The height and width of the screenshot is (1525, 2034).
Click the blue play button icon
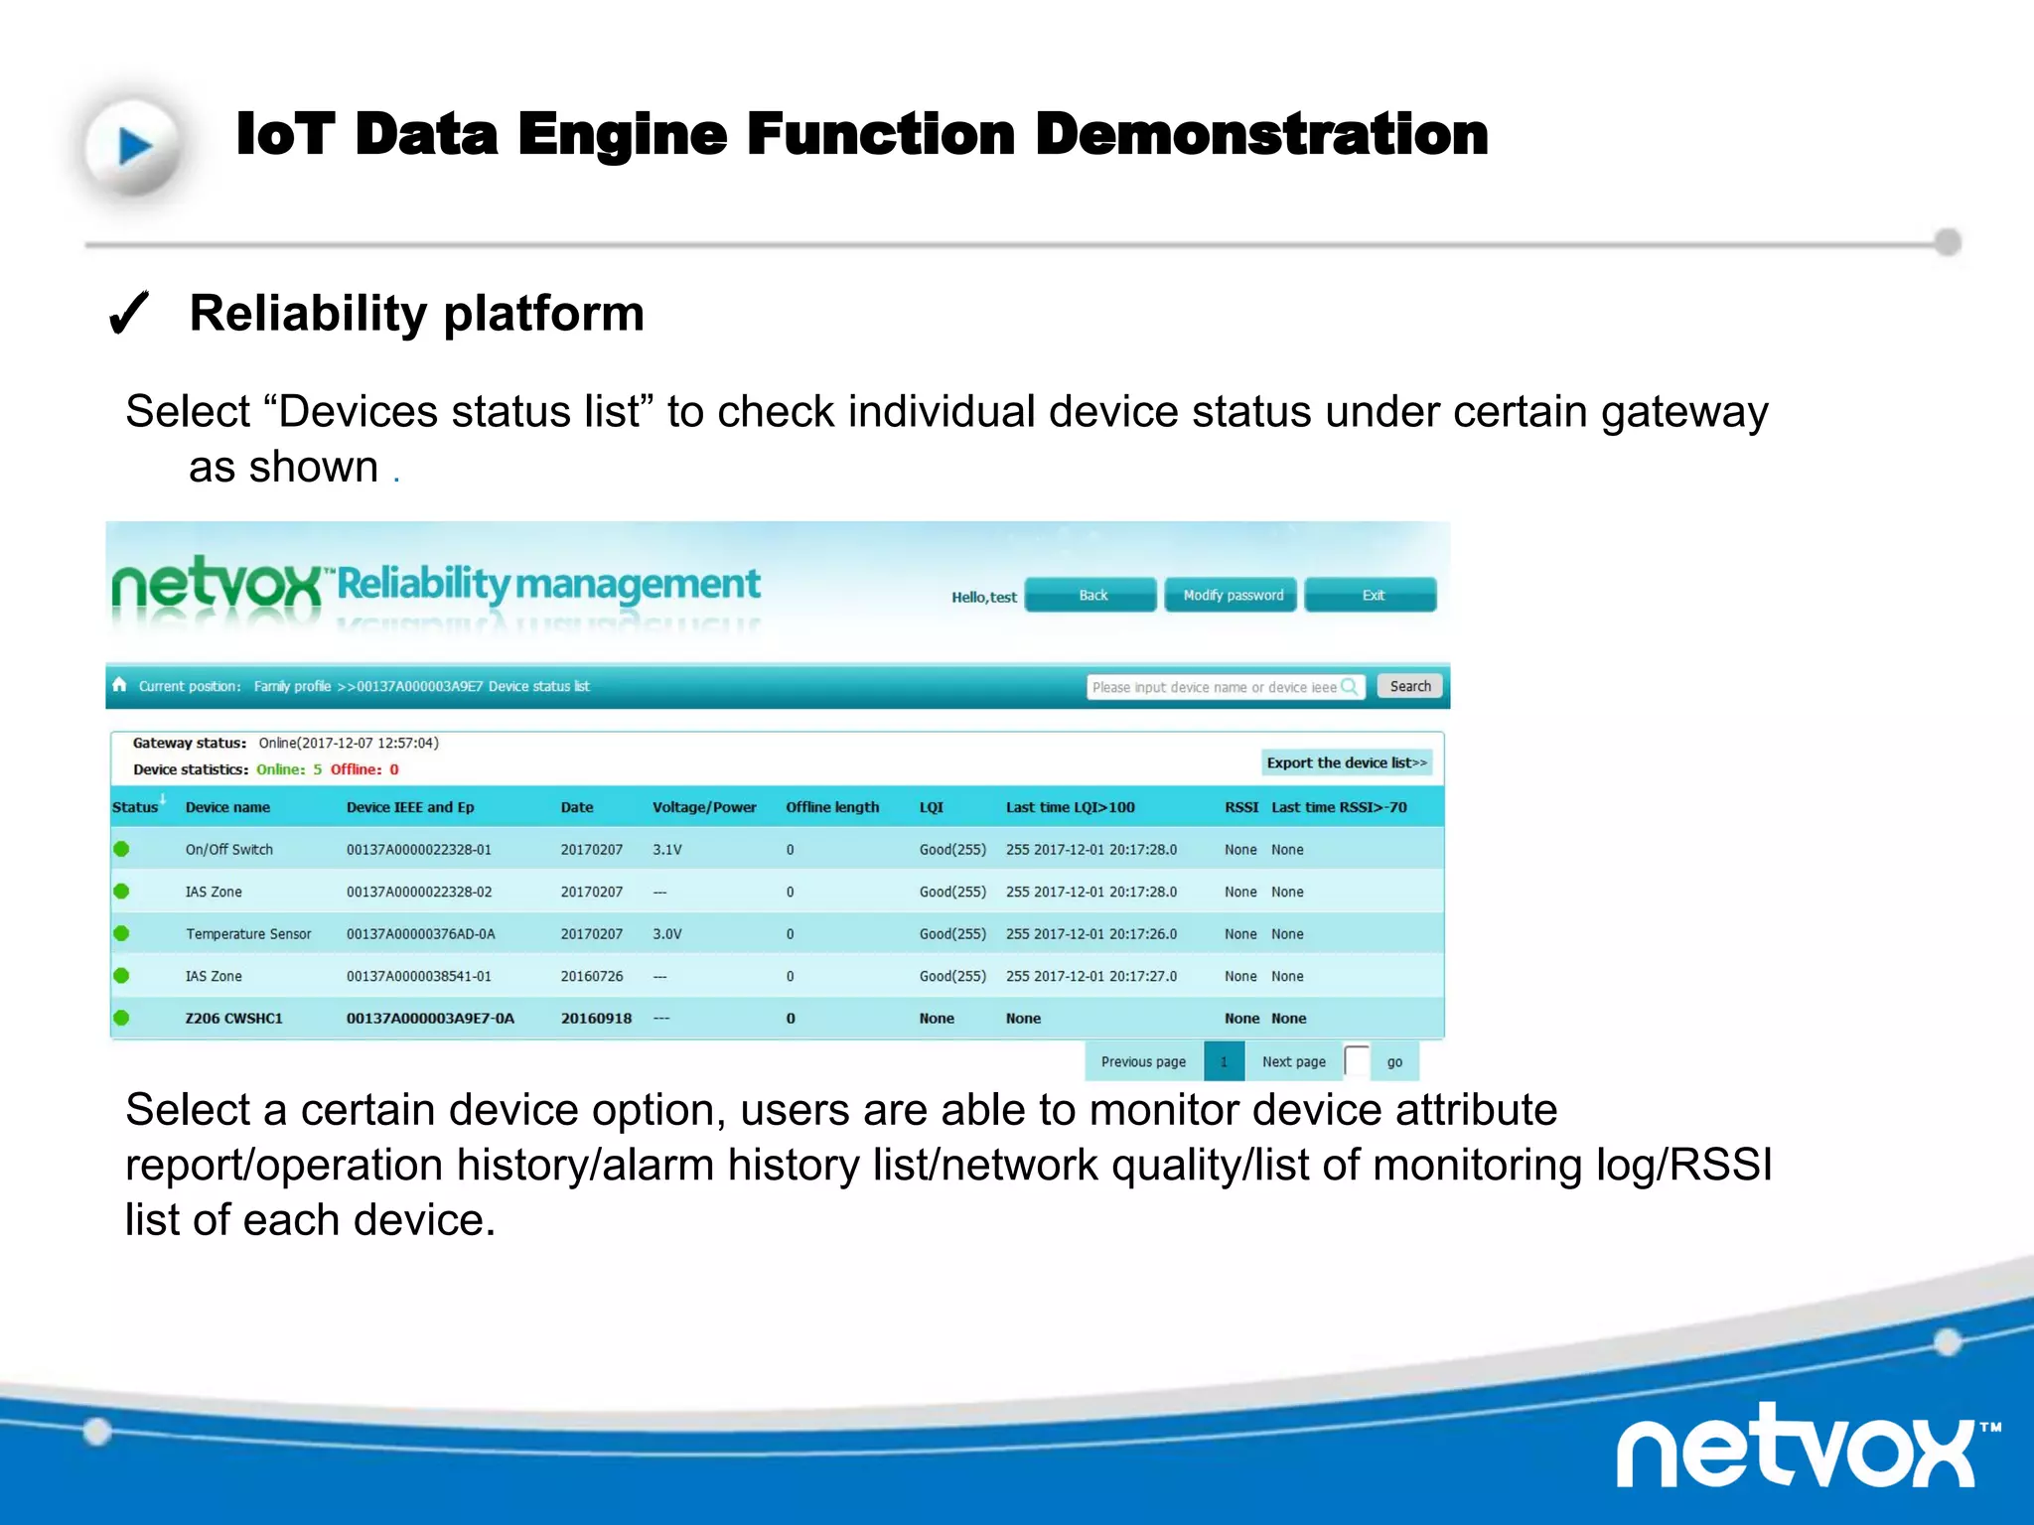[x=134, y=147]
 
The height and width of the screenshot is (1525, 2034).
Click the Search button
[x=1408, y=686]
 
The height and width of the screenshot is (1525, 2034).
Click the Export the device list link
[x=1346, y=762]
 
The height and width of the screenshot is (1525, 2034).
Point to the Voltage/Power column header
[x=704, y=807]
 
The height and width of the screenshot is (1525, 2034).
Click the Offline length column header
[x=832, y=807]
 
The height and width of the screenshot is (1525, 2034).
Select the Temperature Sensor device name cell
[x=248, y=934]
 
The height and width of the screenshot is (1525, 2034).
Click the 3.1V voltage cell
[x=667, y=850]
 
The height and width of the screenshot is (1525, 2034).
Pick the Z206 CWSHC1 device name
[x=234, y=1019]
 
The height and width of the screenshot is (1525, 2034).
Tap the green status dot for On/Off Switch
[x=121, y=849]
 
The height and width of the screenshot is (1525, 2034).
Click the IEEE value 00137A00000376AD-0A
[x=421, y=934]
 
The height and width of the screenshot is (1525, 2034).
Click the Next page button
[x=1293, y=1061]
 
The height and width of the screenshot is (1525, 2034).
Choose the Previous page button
[x=1143, y=1061]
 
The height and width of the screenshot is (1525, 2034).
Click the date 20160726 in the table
[x=592, y=977]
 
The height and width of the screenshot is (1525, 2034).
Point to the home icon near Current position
[x=120, y=685]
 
